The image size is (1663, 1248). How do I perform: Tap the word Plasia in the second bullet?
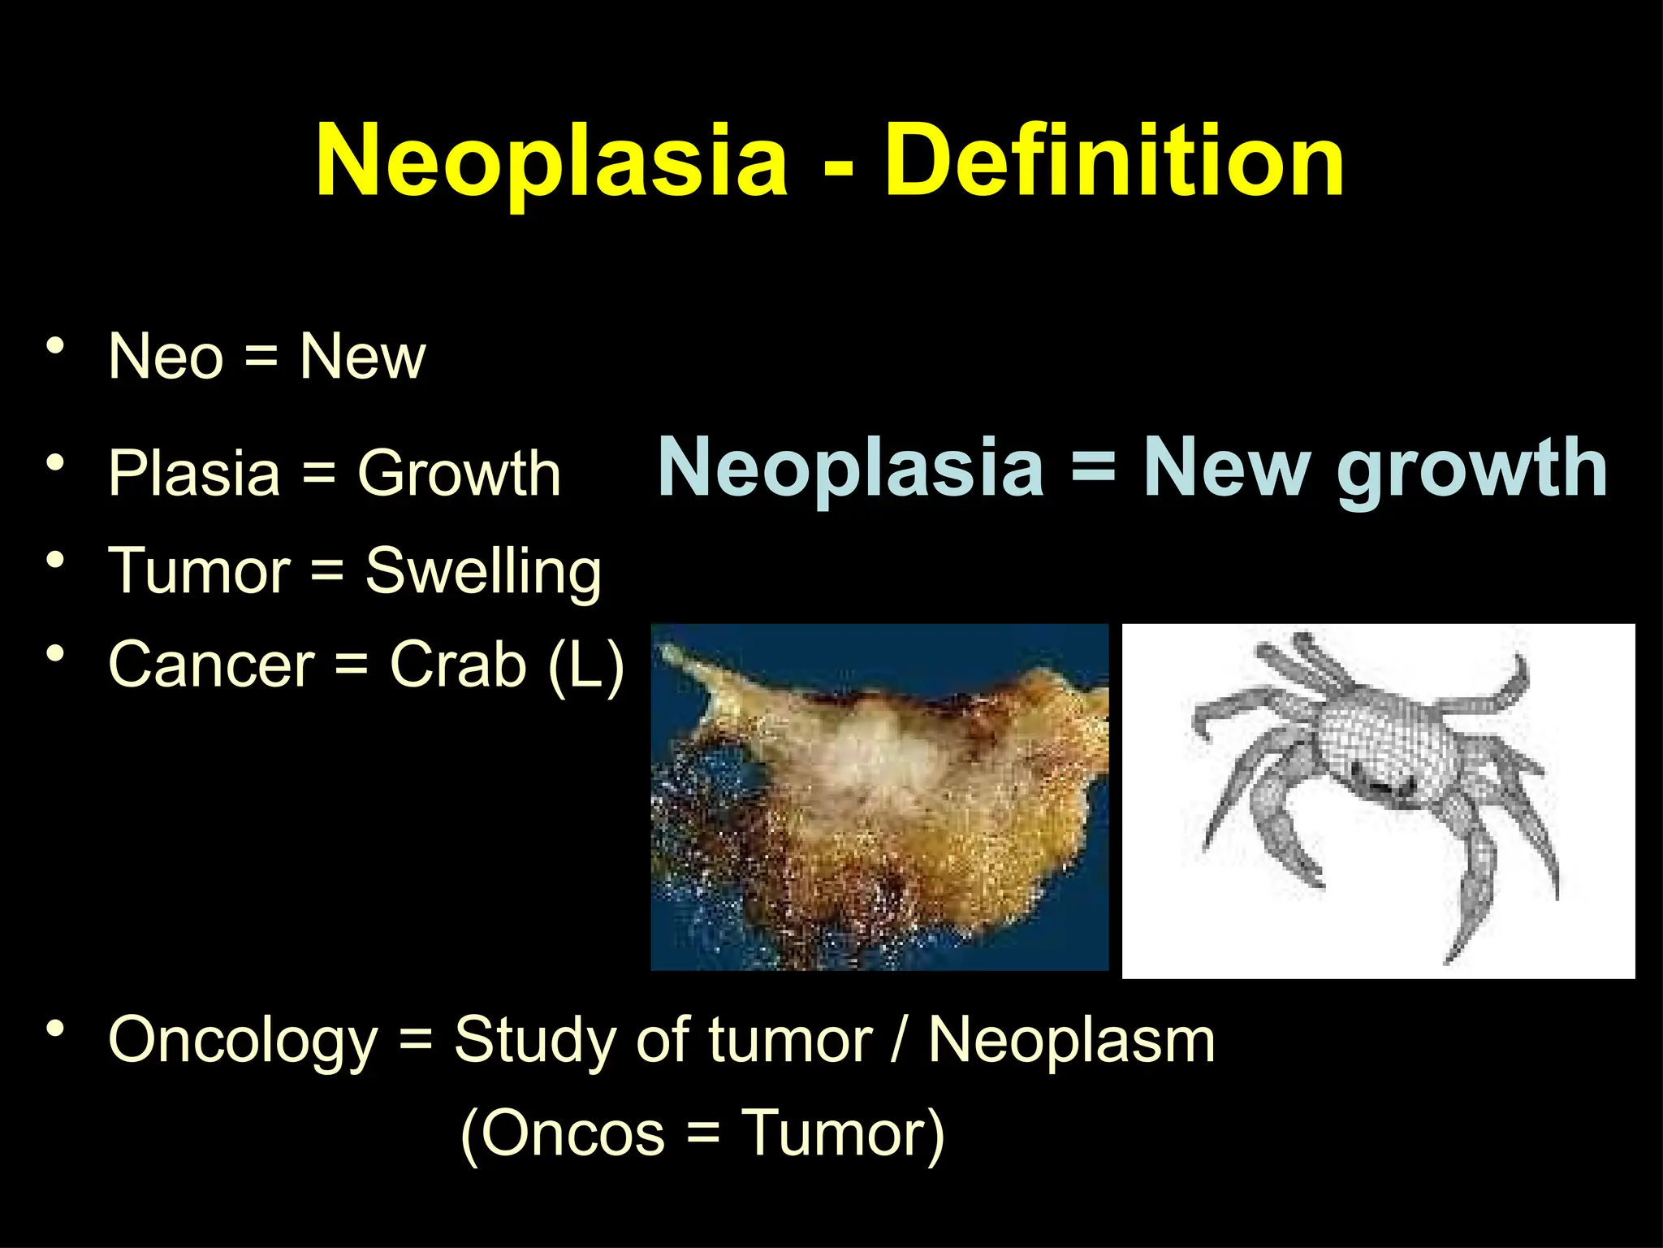pyautogui.click(x=194, y=473)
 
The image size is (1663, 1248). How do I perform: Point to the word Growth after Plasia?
pyautogui.click(x=460, y=473)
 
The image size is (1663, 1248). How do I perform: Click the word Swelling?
pyautogui.click(x=483, y=571)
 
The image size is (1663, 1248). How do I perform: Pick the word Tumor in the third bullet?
pyautogui.click(x=199, y=570)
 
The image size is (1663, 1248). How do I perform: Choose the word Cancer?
pyautogui.click(x=211, y=665)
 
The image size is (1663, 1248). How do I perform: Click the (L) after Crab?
pyautogui.click(x=586, y=665)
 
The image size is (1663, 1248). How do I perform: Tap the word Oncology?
pyautogui.click(x=243, y=1041)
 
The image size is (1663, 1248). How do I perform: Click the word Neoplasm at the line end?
pyautogui.click(x=1071, y=1040)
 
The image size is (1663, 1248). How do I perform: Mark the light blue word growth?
pyautogui.click(x=1471, y=469)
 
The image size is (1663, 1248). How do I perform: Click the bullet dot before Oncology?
pyautogui.click(x=55, y=1029)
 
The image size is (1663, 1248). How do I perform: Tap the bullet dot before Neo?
pyautogui.click(x=55, y=346)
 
